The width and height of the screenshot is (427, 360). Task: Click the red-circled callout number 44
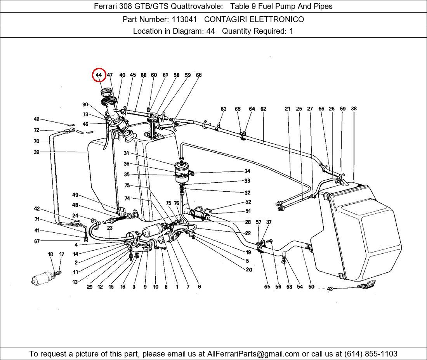[99, 75]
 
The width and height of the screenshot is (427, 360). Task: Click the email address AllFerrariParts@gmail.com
[253, 354]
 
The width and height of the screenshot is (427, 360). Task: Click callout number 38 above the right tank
[354, 109]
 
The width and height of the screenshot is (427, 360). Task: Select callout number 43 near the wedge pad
[330, 289]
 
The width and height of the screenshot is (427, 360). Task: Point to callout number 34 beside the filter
[247, 171]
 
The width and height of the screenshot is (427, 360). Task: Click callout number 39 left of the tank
[36, 152]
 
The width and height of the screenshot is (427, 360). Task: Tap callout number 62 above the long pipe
[263, 109]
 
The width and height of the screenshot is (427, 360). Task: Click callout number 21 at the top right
[287, 109]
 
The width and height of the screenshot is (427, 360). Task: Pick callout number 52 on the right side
[248, 202]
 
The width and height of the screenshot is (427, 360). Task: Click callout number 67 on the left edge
[36, 241]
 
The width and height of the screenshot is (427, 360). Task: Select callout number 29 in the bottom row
[90, 287]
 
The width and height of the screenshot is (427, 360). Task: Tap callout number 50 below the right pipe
[311, 287]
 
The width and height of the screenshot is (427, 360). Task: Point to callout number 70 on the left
[36, 141]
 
